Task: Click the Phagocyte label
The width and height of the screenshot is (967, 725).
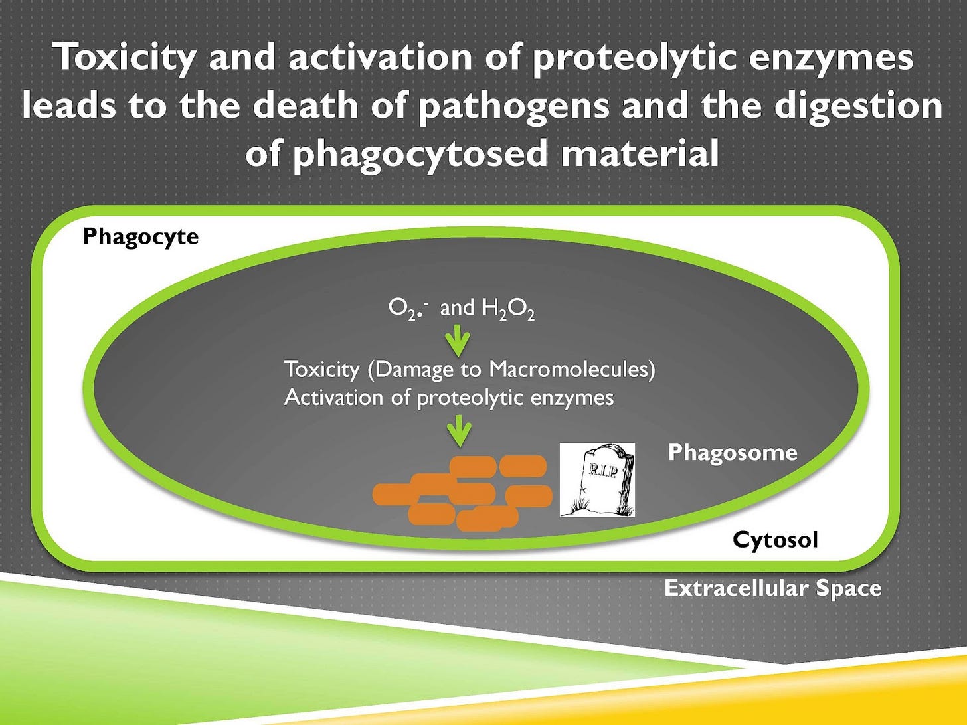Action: coord(140,237)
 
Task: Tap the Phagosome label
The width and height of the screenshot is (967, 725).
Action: coord(732,453)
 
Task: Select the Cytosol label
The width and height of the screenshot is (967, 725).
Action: coord(775,540)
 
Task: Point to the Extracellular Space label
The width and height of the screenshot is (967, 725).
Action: coord(772,588)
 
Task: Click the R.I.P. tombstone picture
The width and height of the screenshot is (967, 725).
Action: coord(597,480)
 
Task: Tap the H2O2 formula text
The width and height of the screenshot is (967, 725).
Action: coord(508,309)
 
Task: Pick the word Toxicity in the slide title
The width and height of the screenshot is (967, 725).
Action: coord(125,57)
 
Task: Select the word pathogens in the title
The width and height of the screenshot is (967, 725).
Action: coord(513,106)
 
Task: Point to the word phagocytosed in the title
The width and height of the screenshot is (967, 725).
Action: coord(420,154)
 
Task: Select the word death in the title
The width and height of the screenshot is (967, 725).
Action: coord(306,106)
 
